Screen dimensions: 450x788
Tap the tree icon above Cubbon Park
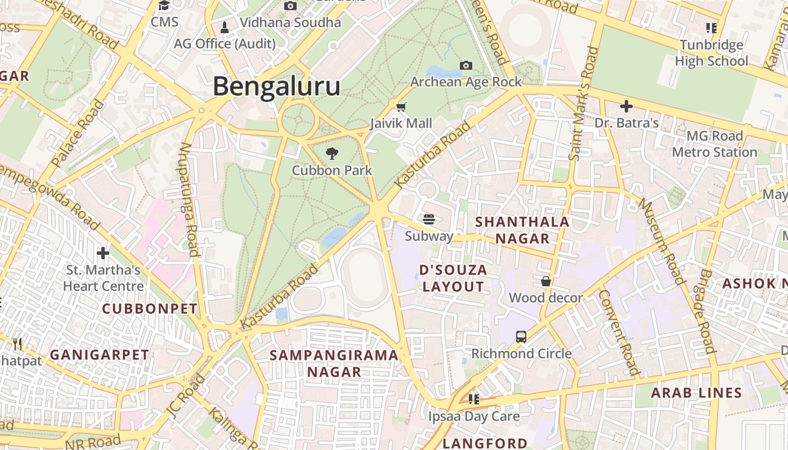tap(332, 153)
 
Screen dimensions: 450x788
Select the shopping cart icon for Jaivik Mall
tap(401, 107)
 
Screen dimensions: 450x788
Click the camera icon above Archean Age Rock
tap(465, 65)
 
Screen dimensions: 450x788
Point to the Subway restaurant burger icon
tap(429, 219)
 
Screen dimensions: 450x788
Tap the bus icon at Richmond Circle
tap(521, 337)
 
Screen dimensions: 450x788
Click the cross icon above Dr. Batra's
tap(626, 106)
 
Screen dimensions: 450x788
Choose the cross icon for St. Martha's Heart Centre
tap(103, 253)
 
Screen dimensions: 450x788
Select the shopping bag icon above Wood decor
tap(545, 281)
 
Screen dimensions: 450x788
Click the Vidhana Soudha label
tap(290, 22)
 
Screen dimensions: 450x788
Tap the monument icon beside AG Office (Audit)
tap(225, 27)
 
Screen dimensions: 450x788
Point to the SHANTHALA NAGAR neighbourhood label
tap(522, 230)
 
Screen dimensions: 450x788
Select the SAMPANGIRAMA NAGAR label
tap(334, 363)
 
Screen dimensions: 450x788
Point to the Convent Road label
tap(619, 332)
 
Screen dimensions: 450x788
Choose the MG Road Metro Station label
tap(715, 144)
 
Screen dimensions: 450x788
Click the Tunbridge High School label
tap(711, 53)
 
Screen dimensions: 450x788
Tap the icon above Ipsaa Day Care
tap(474, 399)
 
